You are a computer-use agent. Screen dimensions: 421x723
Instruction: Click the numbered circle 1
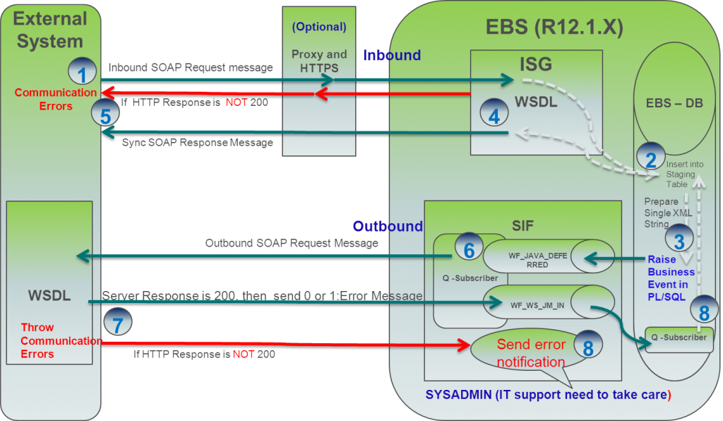[82, 72]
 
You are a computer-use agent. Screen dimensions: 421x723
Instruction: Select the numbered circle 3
[679, 240]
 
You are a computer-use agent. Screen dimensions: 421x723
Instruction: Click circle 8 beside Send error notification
[587, 347]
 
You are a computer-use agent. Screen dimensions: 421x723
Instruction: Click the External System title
[50, 30]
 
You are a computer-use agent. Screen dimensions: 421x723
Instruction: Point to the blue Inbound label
[392, 55]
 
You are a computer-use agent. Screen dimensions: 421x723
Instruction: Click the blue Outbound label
[388, 226]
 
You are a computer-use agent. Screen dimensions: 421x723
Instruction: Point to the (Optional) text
[319, 27]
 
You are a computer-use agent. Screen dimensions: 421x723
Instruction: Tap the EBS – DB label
[674, 102]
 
